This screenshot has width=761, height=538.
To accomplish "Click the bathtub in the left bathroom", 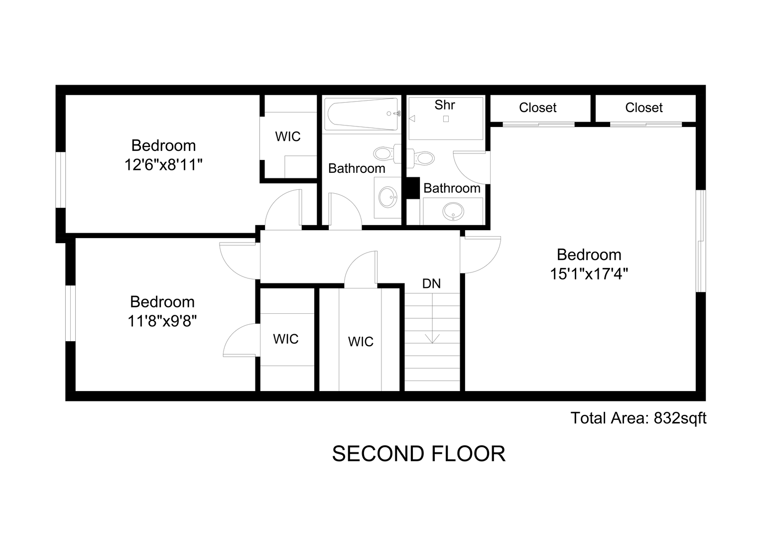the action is [x=361, y=114].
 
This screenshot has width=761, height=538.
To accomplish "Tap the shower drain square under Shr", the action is [x=446, y=119].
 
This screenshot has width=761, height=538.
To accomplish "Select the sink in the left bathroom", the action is [x=388, y=197].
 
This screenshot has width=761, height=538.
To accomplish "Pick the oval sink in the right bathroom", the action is [x=453, y=211].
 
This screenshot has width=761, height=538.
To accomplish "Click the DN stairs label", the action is [x=431, y=283].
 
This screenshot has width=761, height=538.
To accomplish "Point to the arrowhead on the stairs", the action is [x=432, y=339].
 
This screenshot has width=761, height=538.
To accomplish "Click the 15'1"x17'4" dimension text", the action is [x=589, y=273].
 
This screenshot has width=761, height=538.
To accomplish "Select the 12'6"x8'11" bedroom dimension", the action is [x=163, y=165].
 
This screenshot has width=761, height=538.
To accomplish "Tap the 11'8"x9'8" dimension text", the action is [x=162, y=320].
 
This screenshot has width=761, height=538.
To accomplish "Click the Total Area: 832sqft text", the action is [x=638, y=418].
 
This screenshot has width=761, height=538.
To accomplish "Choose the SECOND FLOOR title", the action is [x=418, y=454].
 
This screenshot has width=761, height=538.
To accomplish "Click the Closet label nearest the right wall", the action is [x=644, y=108].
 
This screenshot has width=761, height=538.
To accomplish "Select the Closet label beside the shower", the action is [x=537, y=108].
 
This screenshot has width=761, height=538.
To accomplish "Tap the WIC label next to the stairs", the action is [x=361, y=342].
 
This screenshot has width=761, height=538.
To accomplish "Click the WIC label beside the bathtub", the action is [x=288, y=136].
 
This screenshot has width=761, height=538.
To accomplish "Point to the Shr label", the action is [x=445, y=105].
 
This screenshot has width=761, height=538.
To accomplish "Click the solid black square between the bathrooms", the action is [x=412, y=188].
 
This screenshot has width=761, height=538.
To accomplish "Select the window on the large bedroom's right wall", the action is [x=701, y=241].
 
